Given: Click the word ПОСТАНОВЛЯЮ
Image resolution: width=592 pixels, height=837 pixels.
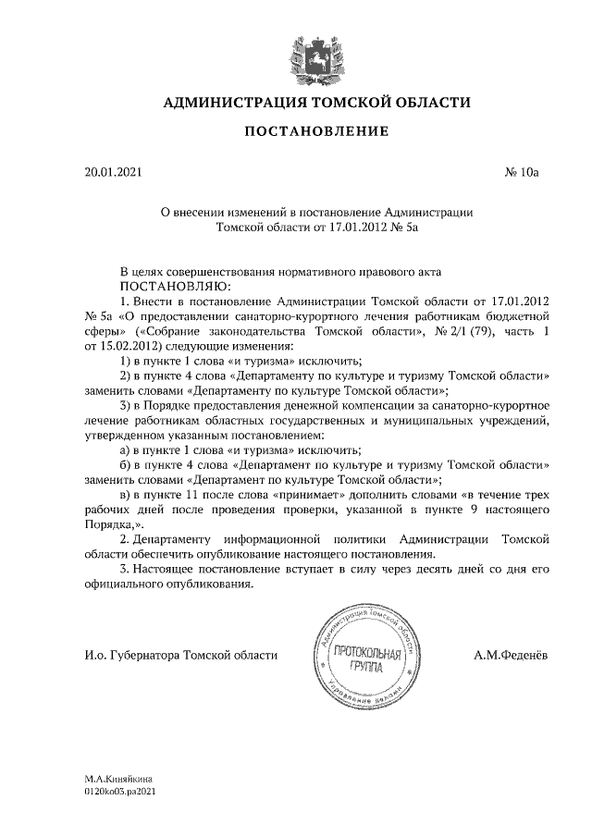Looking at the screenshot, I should pyautogui.click(x=173, y=287).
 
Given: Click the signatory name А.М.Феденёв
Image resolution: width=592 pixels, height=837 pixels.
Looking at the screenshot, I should pyautogui.click(x=510, y=656).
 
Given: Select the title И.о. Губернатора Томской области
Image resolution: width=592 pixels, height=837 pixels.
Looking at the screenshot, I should pyautogui.click(x=179, y=656).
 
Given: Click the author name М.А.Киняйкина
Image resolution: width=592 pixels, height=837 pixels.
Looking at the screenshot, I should pyautogui.click(x=118, y=780).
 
